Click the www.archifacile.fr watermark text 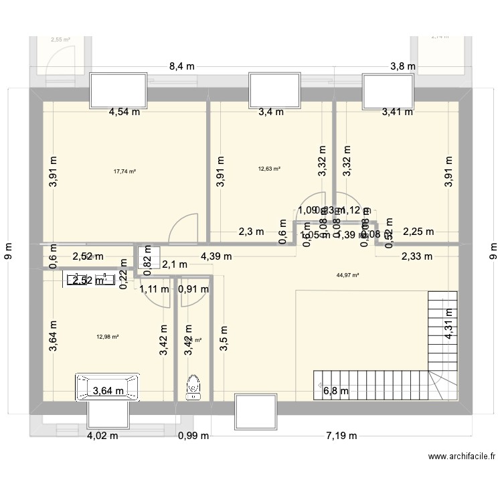pos(462,456)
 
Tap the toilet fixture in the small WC pos(194,386)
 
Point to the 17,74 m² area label pos(124,171)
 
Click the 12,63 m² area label pos(269,169)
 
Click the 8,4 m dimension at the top pos(182,66)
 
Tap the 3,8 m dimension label pos(402,66)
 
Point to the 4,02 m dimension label pos(102,436)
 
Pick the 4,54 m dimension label pos(124,112)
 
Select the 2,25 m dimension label pos(418,232)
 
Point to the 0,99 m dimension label pos(193,436)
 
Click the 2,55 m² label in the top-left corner pos(60,39)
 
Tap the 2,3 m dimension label pos(250,232)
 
